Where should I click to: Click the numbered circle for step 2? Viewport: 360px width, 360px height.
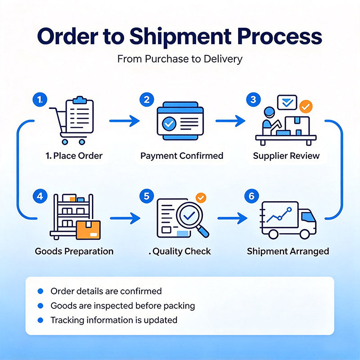[147, 99]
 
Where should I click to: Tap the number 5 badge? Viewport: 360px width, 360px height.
[147, 196]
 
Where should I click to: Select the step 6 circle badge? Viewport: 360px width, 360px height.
[252, 196]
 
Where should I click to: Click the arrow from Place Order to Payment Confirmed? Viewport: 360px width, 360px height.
[125, 121]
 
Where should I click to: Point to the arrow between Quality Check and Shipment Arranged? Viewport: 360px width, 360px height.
[232, 218]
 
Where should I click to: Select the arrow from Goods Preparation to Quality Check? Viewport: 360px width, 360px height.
[125, 218]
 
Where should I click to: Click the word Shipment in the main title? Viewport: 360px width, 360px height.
[181, 37]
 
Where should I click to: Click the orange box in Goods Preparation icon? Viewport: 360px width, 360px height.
[88, 230]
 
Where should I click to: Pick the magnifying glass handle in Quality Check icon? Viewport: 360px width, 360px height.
[203, 231]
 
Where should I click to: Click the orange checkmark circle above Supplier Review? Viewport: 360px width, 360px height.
[306, 107]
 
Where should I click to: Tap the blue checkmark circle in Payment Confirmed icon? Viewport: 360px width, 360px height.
[169, 124]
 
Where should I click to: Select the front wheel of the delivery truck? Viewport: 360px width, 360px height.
[305, 234]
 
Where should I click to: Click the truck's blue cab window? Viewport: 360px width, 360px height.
[308, 217]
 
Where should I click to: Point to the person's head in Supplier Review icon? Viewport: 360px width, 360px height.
[269, 112]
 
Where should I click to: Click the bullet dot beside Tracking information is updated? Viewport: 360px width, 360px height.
[40, 320]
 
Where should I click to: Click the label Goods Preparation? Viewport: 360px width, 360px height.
[74, 252]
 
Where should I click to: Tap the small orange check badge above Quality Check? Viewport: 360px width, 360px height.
[201, 198]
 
